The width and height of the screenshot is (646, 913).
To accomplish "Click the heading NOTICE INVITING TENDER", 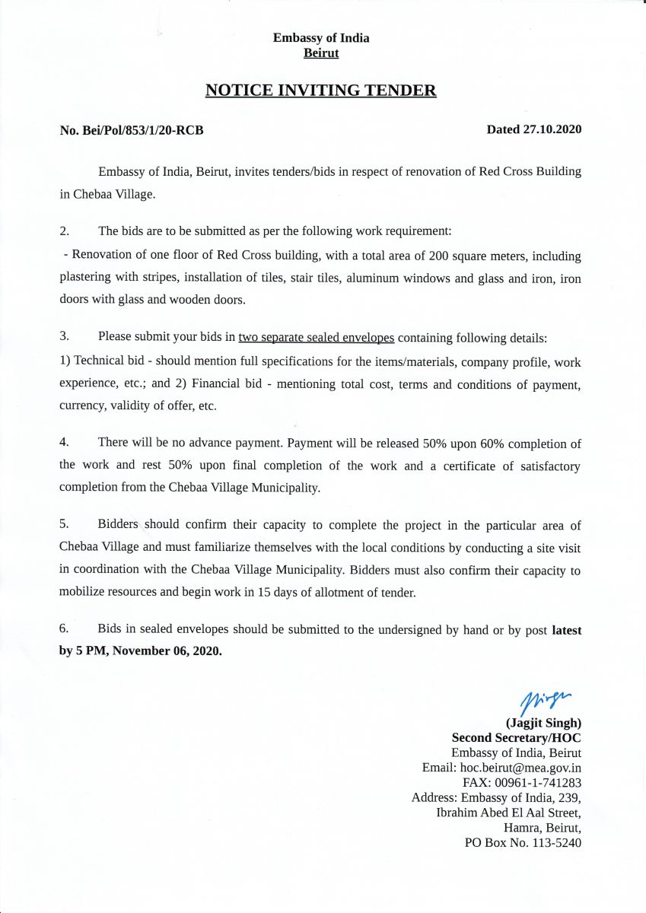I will click(x=320, y=91).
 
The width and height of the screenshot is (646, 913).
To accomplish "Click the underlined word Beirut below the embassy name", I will click(x=321, y=53).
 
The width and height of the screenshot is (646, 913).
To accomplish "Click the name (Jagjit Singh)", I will click(x=543, y=724).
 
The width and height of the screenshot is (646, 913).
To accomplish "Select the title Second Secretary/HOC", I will click(x=517, y=738).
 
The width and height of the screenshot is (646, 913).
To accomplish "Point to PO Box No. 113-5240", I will click(x=523, y=842).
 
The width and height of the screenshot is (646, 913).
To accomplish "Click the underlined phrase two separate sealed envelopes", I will click(x=316, y=337).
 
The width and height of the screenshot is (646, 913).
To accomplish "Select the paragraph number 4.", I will click(x=65, y=442).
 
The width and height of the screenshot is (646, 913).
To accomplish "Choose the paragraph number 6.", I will click(x=65, y=628).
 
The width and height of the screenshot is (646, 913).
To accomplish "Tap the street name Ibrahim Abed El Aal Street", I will click(x=508, y=813).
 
